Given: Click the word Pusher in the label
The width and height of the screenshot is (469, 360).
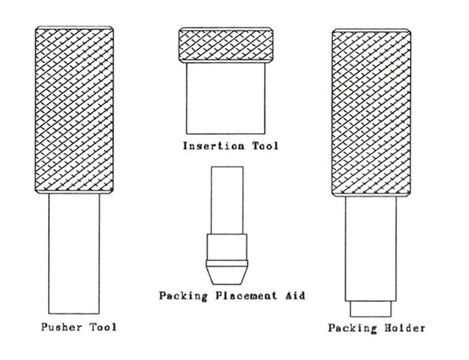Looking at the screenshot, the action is click(61, 327).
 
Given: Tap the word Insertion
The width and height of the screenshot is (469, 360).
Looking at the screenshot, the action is click(214, 146).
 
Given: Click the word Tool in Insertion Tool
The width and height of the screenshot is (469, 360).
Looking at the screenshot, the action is click(265, 146).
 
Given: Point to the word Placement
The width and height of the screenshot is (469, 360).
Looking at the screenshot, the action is click(246, 295).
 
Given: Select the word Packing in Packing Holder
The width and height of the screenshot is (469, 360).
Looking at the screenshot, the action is click(352, 328).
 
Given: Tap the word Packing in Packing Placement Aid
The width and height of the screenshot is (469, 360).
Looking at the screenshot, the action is click(183, 296).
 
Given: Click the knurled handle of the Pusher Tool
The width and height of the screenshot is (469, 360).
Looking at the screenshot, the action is click(74, 110).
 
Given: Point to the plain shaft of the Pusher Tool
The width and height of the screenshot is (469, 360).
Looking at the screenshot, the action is click(74, 254).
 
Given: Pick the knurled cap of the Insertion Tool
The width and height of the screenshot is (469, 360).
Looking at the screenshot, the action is click(226, 45).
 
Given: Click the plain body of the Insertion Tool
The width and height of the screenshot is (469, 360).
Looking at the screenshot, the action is click(226, 98).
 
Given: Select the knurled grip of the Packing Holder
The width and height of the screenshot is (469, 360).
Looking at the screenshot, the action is click(371, 113).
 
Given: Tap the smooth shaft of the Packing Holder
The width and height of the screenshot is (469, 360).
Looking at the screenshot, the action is click(371, 248).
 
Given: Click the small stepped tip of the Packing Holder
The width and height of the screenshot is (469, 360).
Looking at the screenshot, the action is click(371, 308).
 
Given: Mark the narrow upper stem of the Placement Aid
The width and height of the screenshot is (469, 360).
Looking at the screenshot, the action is click(227, 200).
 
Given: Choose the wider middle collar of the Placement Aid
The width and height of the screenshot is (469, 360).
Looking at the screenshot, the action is click(227, 247).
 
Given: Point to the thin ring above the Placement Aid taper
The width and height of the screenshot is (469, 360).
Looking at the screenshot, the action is click(227, 263).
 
